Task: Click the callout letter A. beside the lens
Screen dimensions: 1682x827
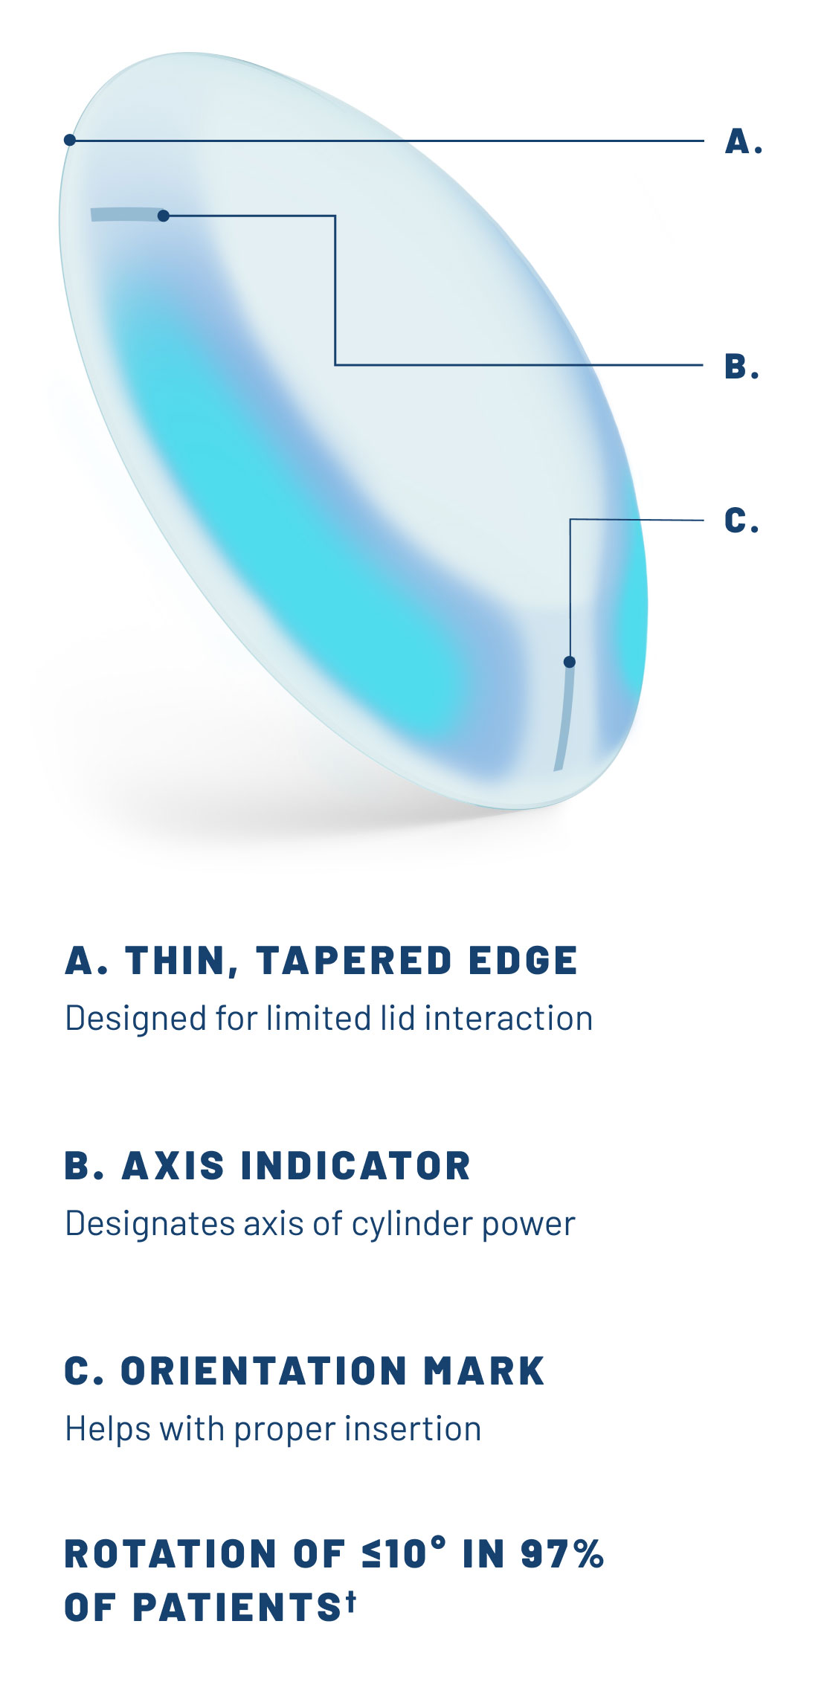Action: [743, 141]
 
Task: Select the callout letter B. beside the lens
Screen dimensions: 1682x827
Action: [741, 367]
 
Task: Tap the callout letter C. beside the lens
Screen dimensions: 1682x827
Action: [741, 521]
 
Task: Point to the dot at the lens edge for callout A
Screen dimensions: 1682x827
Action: [70, 140]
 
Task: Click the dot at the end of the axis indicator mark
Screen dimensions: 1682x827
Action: [164, 216]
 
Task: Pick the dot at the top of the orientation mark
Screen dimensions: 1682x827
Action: [570, 662]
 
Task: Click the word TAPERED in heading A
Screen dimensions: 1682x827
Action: [354, 961]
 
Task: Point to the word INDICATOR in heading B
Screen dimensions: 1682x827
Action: [356, 1165]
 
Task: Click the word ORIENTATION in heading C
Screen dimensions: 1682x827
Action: [264, 1370]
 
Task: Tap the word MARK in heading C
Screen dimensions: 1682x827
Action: [484, 1370]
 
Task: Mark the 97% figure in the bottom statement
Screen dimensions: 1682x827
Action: [562, 1553]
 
